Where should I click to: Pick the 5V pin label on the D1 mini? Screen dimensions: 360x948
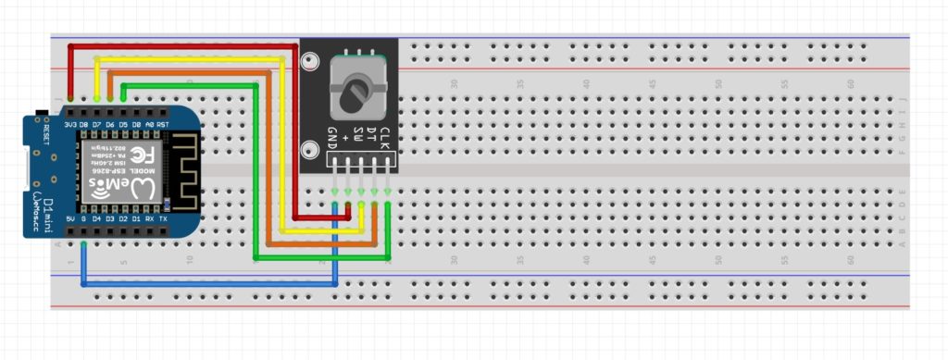pos(70,219)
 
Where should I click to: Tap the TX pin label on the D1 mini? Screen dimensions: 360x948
pos(164,219)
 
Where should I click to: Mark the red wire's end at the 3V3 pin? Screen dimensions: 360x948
pos(70,100)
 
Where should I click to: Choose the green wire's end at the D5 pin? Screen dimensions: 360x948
pos(123,99)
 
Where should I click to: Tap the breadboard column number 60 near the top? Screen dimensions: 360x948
pos(850,83)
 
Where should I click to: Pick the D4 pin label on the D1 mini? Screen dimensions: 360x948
pos(97,219)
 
